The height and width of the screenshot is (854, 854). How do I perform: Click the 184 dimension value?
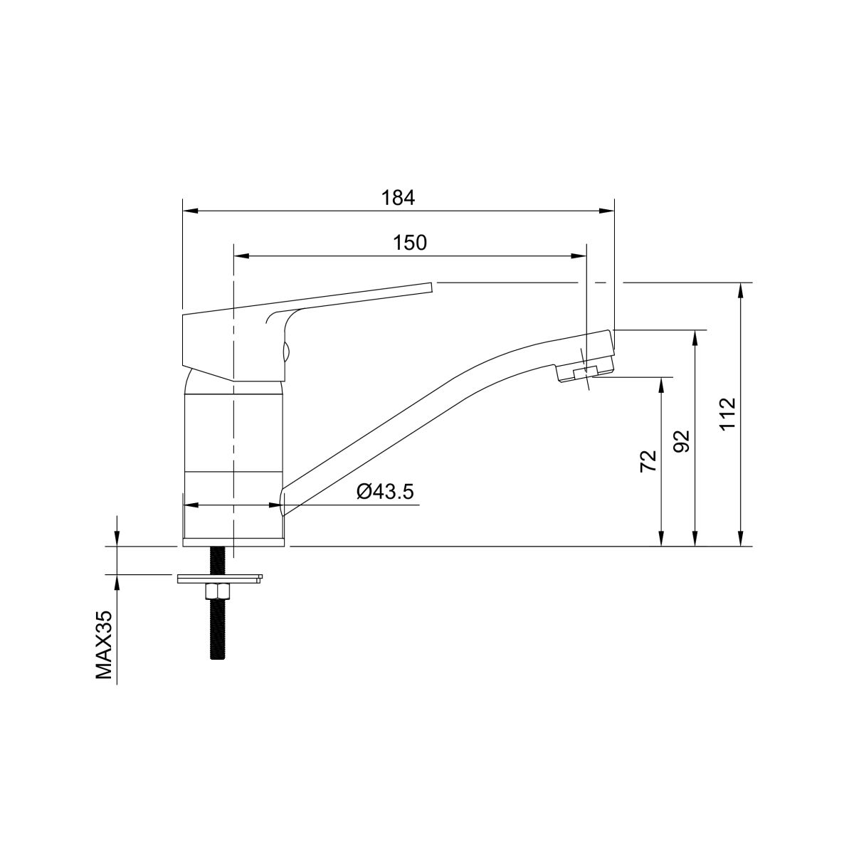click(x=398, y=198)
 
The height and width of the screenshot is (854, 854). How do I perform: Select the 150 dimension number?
click(x=410, y=243)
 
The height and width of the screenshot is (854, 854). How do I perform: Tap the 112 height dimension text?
click(x=728, y=414)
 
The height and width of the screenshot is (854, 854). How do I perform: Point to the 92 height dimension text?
click(x=682, y=441)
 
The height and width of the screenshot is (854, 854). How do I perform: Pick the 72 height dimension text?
click(x=648, y=461)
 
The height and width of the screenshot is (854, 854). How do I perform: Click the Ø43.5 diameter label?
click(x=385, y=492)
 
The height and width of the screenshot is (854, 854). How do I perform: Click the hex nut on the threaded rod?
click(x=217, y=592)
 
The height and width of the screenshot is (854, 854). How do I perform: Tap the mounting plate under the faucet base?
click(x=220, y=579)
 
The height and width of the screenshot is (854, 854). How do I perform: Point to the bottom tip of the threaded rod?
click(x=217, y=672)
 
